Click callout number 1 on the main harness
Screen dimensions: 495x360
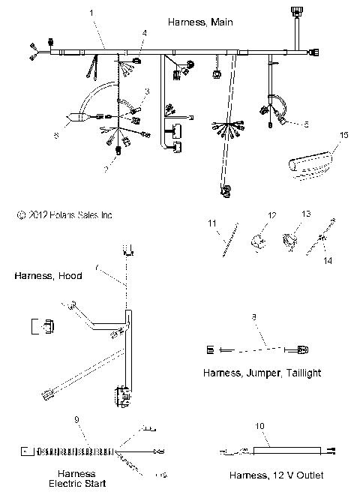pos(92,13)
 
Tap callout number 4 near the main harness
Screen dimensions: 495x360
pos(145,34)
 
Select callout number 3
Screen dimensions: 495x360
pos(147,91)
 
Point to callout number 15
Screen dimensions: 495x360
pos(344,135)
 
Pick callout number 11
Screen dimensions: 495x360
pos(212,223)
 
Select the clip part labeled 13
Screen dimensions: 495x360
pos(289,241)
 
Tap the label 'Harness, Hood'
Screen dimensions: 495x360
pos(47,276)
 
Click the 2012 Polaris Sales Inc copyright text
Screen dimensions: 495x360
pos(64,214)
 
